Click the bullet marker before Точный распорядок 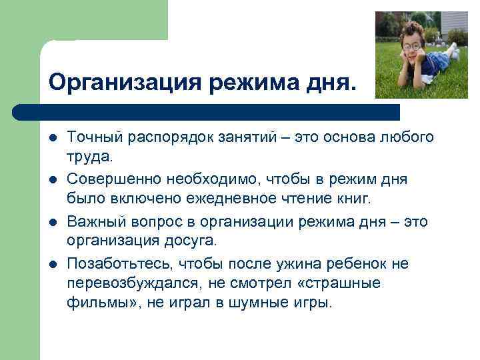pyautogui.click(x=53, y=137)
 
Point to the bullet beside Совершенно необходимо pyautogui.click(x=53, y=180)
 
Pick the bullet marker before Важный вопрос pyautogui.click(x=53, y=222)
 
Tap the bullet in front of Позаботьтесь pyautogui.click(x=53, y=265)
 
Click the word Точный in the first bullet pyautogui.click(x=92, y=137)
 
